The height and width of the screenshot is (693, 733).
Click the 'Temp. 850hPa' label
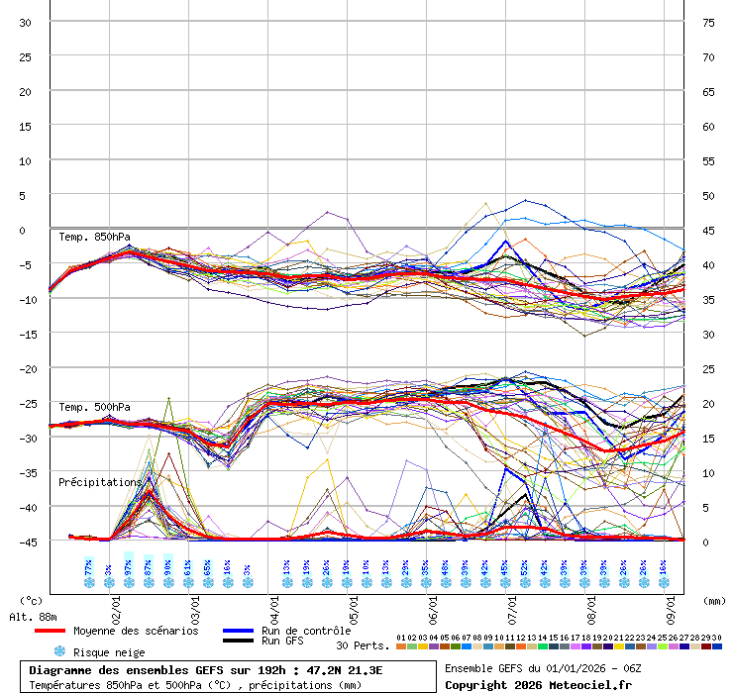[x=94, y=237]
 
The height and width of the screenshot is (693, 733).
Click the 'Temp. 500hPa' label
[x=94, y=407]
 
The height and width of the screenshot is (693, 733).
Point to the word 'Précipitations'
[x=100, y=482]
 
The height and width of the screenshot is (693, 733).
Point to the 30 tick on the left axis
[x=26, y=22]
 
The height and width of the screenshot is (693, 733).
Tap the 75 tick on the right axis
[x=708, y=22]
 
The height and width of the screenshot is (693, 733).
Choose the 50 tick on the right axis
[x=708, y=195]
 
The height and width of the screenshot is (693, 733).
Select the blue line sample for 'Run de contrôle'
[x=238, y=631]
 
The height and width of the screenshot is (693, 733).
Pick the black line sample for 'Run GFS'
[x=238, y=642]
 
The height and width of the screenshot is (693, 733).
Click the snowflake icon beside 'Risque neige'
[x=59, y=652]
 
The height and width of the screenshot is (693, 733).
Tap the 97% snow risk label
[x=129, y=567]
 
